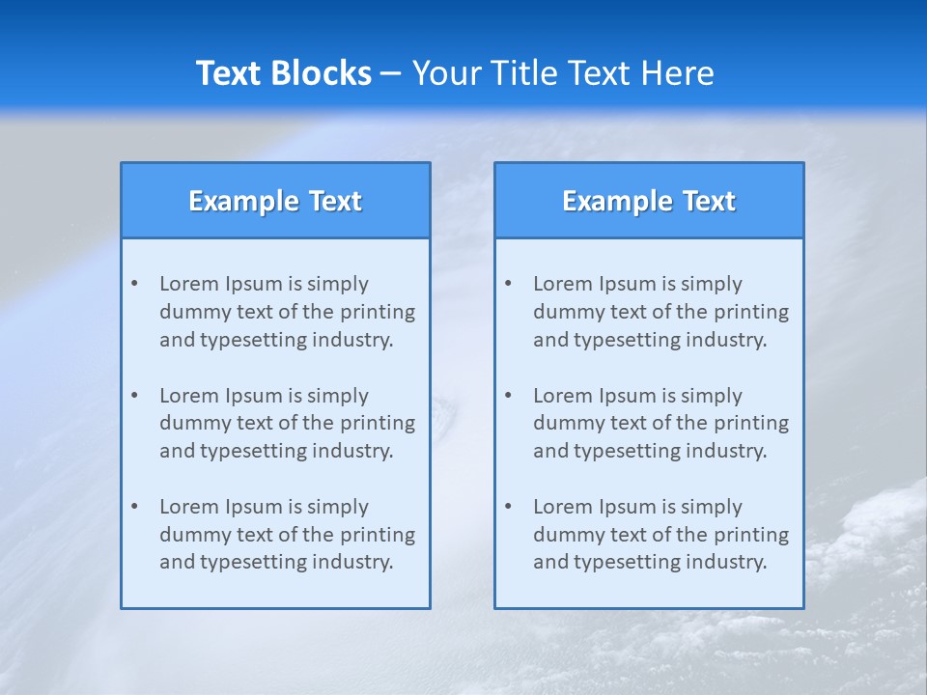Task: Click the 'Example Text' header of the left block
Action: [x=275, y=201]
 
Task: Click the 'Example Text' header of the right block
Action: [x=649, y=201]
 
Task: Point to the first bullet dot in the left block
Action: [x=135, y=284]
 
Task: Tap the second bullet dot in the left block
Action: [x=135, y=396]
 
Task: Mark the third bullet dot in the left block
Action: [x=135, y=507]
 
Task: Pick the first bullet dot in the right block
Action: [x=509, y=284]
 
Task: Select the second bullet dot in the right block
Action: [x=509, y=396]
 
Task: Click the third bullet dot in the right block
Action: [x=509, y=507]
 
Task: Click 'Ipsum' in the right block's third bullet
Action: [x=629, y=507]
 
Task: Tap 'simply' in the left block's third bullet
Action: [x=338, y=507]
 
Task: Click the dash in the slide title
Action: [x=391, y=73]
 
